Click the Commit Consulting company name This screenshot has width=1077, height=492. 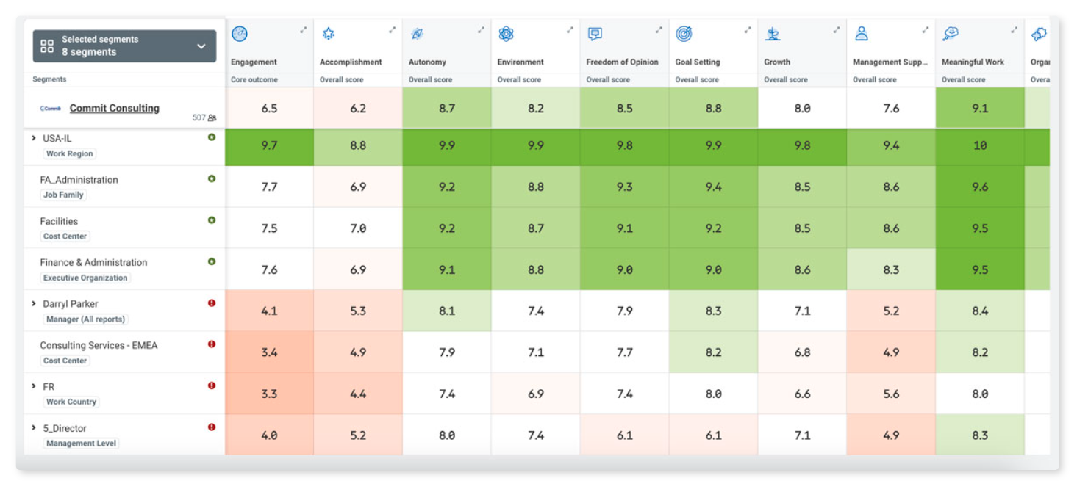click(114, 108)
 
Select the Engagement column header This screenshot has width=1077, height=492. click(254, 62)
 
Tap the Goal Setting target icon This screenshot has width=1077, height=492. click(684, 34)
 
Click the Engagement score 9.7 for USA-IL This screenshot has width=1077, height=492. click(269, 145)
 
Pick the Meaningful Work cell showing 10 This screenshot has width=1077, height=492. click(979, 145)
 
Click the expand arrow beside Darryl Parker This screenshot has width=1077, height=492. click(34, 303)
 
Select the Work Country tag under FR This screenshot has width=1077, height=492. click(71, 402)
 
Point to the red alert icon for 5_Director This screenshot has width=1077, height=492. click(212, 427)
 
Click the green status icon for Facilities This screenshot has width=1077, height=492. click(212, 220)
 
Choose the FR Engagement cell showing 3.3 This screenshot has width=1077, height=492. click(269, 394)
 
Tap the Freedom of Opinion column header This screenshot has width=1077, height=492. click(623, 62)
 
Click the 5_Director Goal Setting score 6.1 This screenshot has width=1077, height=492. click(713, 435)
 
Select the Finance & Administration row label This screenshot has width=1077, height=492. click(93, 262)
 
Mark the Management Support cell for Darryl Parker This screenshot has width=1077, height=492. click(891, 311)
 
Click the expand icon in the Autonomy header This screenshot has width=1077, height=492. click(481, 30)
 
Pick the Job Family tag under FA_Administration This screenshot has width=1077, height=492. click(64, 195)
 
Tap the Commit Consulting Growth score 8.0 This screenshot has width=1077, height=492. click(802, 108)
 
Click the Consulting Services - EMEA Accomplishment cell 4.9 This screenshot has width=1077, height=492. click(358, 352)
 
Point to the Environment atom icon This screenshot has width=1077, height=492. click(506, 34)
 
